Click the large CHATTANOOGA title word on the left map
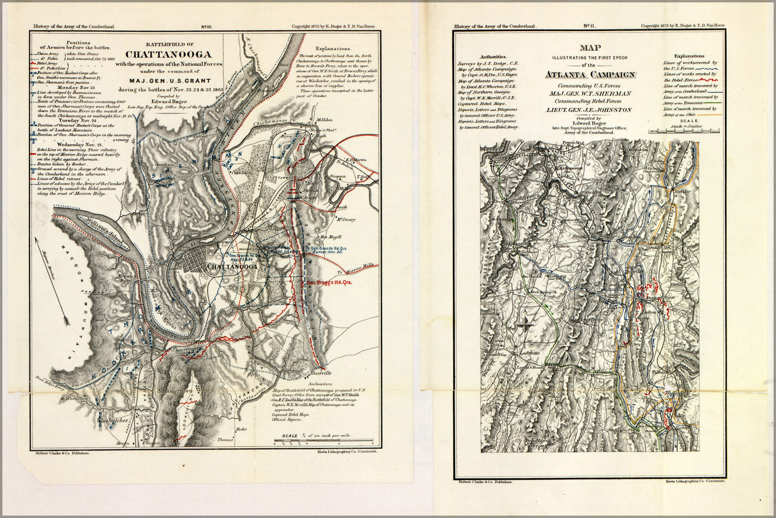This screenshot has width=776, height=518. (168, 54)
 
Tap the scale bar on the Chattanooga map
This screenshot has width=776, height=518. (324, 441)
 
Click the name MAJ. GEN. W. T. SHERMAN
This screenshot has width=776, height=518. (590, 93)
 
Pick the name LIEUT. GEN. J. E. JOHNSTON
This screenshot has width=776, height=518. (589, 110)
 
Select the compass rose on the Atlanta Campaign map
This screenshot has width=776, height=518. (525, 326)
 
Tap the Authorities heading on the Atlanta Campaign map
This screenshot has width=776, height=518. (494, 56)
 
